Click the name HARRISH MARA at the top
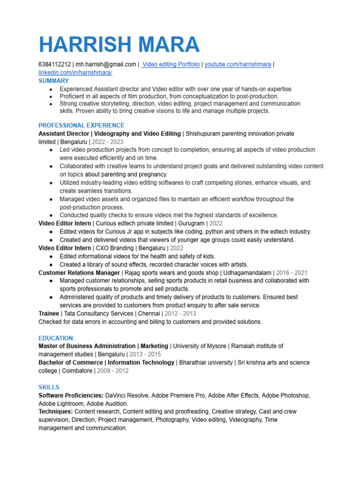pos(119,45)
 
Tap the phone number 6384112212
pos(54,64)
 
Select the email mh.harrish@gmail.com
pos(106,64)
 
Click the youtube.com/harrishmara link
pos(237,64)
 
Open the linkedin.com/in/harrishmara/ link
pos(75,73)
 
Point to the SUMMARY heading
pos(53,81)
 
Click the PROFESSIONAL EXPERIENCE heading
pos(81,125)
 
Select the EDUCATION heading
pos(56,338)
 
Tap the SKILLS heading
pos(49,387)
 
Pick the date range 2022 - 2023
pos(108,142)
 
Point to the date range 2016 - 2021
pos(292,272)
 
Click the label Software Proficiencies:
pos(71,395)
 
